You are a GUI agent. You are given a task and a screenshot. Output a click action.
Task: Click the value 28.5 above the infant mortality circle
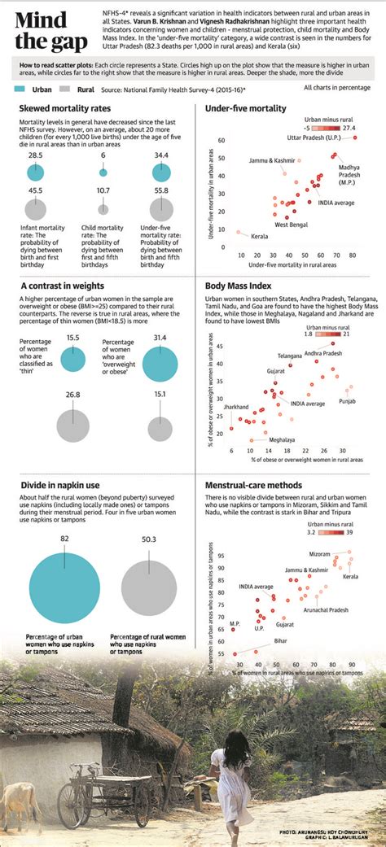point(35,155)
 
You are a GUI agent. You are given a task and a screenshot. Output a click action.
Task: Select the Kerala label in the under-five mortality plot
point(260,236)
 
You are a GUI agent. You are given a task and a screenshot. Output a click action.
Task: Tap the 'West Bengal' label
point(291,224)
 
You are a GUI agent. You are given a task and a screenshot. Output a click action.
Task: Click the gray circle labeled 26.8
point(73,424)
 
